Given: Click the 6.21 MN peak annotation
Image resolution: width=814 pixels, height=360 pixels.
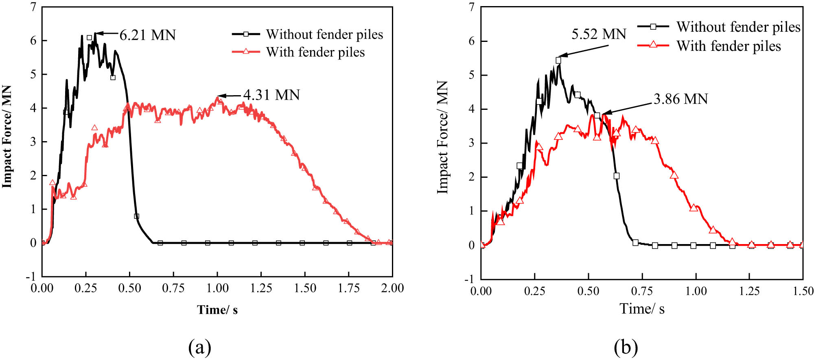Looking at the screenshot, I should (x=147, y=35).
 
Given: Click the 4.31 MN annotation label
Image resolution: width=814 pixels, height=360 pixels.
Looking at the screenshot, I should (x=271, y=95).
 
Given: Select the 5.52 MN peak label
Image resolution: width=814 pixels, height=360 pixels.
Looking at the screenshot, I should (x=598, y=34).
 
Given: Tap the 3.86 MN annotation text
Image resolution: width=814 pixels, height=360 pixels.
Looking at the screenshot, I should (x=681, y=99).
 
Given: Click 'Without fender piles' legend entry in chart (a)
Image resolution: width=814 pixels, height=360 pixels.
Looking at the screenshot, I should (x=324, y=35).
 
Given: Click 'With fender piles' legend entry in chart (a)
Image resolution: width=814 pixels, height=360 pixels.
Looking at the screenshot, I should (x=315, y=52).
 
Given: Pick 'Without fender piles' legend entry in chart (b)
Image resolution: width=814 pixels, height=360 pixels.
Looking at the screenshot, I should (x=738, y=27).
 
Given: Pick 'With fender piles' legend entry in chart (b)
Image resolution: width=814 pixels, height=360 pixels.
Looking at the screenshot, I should (x=728, y=46).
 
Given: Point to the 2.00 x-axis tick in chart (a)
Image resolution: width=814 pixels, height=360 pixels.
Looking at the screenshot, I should (x=392, y=288).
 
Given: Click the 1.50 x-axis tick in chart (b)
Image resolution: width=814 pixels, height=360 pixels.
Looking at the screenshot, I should (x=803, y=291).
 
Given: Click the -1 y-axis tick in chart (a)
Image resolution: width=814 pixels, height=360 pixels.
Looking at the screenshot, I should (x=31, y=277).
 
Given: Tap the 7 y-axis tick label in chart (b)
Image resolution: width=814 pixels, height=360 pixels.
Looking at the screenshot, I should (x=471, y=7).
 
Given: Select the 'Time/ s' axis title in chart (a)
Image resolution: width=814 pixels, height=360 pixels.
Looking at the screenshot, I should (x=217, y=310).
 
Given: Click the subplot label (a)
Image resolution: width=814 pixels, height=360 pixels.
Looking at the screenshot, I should (x=199, y=347).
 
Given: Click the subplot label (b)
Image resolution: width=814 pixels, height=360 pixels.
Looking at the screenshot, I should (x=626, y=347).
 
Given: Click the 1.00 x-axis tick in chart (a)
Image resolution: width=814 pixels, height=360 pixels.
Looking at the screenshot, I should (x=217, y=288).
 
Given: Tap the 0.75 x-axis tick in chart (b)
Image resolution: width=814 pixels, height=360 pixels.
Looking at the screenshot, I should (x=642, y=291).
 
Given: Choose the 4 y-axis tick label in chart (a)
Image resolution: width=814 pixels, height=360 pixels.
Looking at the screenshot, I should (x=33, y=108).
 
